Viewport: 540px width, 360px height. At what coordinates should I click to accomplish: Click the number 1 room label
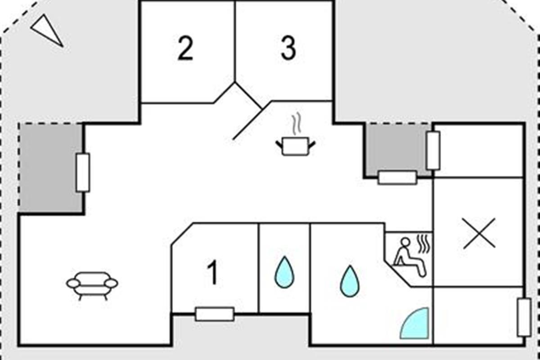click(212, 274)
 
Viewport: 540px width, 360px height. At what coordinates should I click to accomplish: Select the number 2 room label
click(185, 49)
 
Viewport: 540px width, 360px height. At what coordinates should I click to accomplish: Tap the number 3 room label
click(288, 49)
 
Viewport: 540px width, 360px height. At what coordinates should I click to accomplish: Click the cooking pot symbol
click(295, 147)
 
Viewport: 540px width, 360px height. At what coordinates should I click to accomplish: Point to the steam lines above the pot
click(295, 125)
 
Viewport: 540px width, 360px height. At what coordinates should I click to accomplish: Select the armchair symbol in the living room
click(92, 285)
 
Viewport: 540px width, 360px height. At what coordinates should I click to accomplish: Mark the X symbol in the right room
click(479, 233)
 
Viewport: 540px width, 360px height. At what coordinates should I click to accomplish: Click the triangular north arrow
click(46, 30)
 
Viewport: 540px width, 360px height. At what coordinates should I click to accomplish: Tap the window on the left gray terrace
click(82, 172)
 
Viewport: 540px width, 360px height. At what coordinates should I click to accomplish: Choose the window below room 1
click(215, 314)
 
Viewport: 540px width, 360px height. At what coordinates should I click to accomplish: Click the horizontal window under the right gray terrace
click(397, 177)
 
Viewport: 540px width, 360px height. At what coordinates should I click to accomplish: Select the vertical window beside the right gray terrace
click(433, 151)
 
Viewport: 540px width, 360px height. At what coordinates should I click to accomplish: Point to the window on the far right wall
click(524, 317)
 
